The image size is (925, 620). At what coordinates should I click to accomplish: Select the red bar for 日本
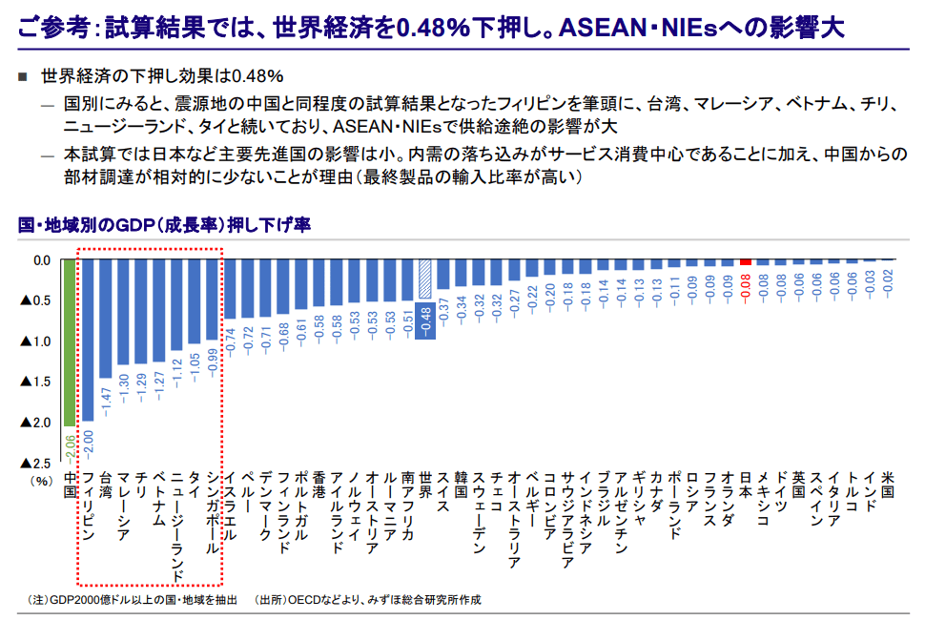click(747, 262)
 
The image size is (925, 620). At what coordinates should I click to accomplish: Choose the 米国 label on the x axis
click(888, 484)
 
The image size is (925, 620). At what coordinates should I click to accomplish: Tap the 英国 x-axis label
click(799, 484)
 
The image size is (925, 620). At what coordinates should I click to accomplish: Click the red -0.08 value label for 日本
click(747, 284)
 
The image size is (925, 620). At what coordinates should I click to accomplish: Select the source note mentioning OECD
click(367, 600)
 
